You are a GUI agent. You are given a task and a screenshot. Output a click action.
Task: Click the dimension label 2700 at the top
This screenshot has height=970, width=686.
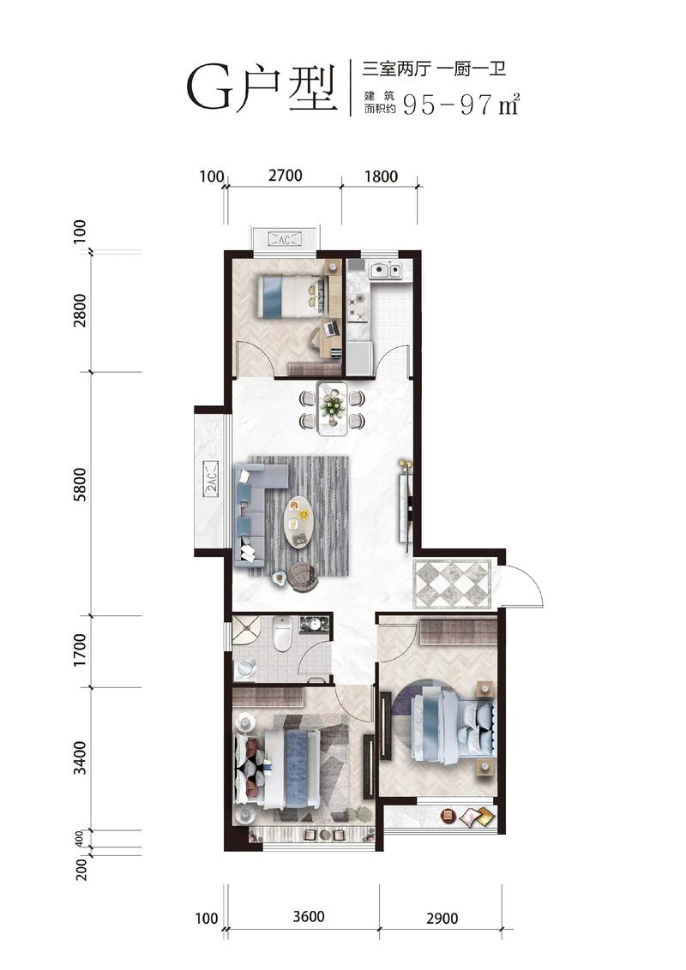pos(286,176)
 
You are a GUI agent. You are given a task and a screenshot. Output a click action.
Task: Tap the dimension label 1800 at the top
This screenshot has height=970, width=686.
pos(381,177)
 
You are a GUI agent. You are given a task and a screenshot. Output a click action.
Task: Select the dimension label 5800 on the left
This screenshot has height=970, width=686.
pos(80,487)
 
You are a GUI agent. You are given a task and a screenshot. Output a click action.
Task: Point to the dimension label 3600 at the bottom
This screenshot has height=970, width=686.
pos(309,916)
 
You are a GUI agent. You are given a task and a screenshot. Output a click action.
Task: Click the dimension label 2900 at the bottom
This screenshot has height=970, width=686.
pos(442,918)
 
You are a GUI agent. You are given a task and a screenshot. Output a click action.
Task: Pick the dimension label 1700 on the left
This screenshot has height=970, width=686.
pos(80,650)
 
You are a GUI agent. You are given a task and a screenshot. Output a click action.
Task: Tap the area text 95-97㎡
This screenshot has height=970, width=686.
pos(460,104)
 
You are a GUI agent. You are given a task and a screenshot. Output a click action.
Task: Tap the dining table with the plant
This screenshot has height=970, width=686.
pos(333,408)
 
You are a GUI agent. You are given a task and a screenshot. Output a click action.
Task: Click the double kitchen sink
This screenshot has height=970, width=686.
pos(385,269)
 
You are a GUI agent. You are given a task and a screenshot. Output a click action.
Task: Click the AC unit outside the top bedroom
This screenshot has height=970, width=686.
pos(286,239)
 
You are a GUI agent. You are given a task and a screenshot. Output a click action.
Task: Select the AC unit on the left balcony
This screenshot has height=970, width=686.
pos(210,478)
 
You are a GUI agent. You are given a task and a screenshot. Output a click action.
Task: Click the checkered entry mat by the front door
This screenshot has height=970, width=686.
pos(453,584)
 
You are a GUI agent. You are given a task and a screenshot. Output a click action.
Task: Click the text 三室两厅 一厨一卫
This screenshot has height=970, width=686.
pos(434,69)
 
